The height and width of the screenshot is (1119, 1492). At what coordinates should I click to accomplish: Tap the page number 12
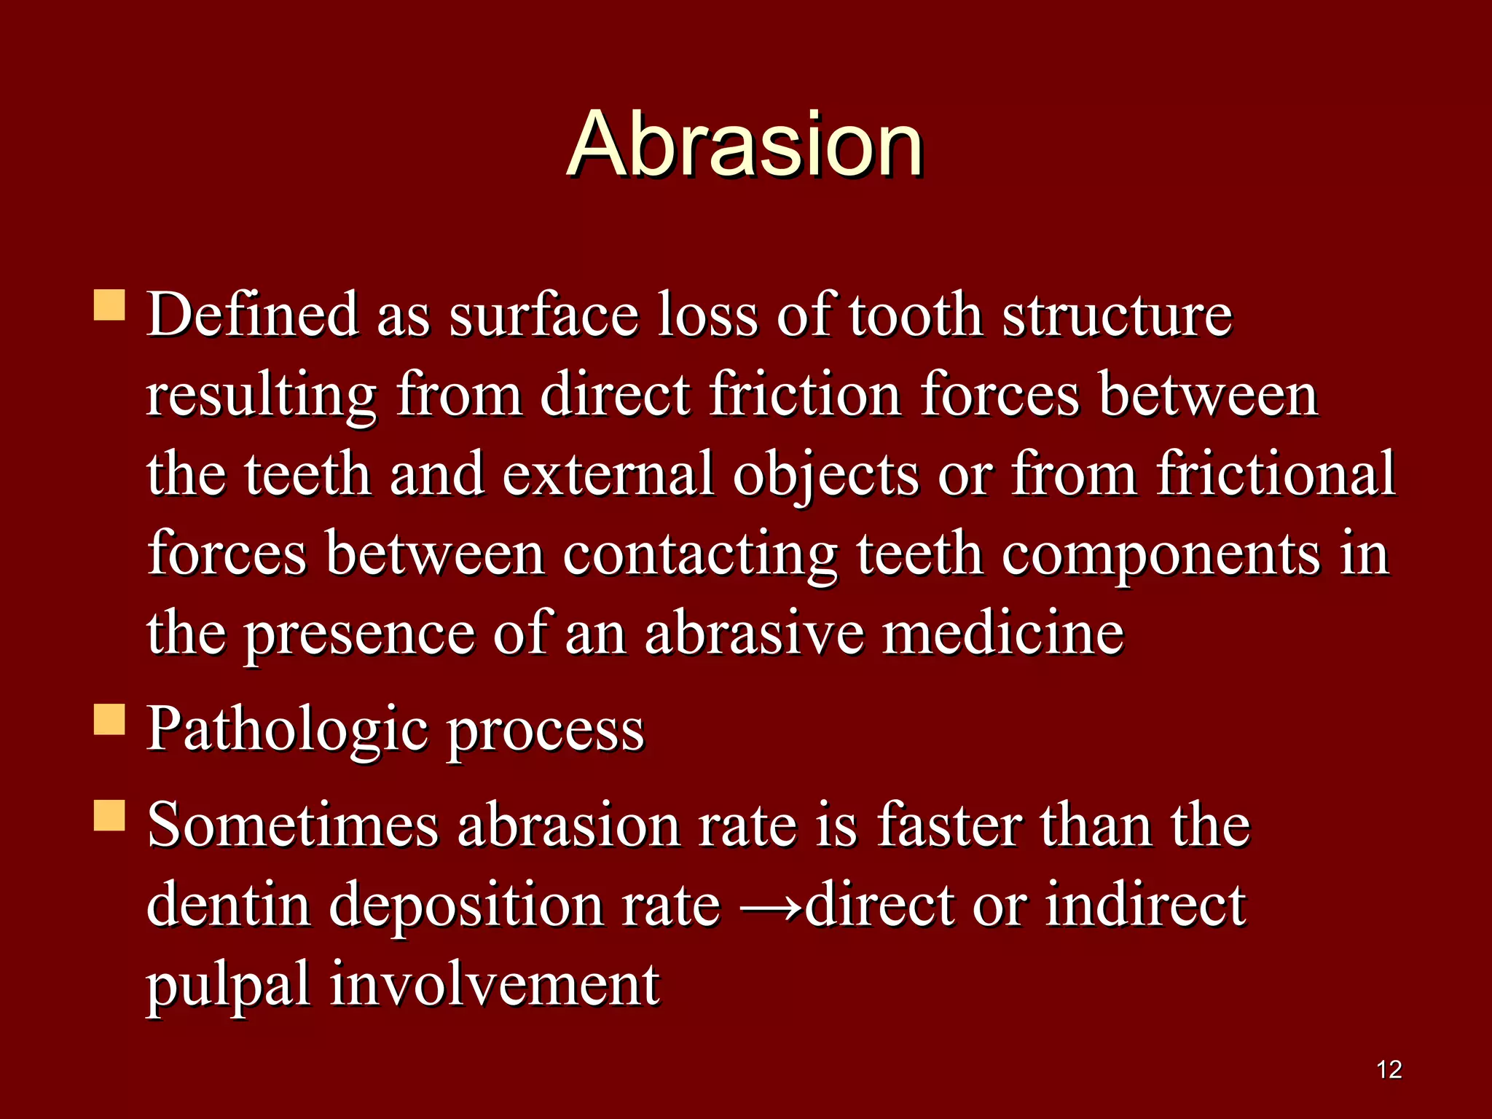click(x=1389, y=1069)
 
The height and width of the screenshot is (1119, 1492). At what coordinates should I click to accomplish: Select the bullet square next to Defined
click(x=109, y=306)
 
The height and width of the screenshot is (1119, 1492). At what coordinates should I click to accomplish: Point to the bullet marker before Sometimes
click(x=109, y=816)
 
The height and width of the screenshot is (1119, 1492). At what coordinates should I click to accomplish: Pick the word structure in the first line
click(x=1117, y=315)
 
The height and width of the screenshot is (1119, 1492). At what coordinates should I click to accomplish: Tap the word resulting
click(x=262, y=396)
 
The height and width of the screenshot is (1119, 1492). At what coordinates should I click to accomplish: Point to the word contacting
click(x=699, y=555)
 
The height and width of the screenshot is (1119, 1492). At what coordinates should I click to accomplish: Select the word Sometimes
click(x=292, y=825)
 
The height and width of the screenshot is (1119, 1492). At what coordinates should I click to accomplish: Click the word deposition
click(x=466, y=906)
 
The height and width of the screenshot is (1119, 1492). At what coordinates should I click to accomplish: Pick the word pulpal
click(x=228, y=985)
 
